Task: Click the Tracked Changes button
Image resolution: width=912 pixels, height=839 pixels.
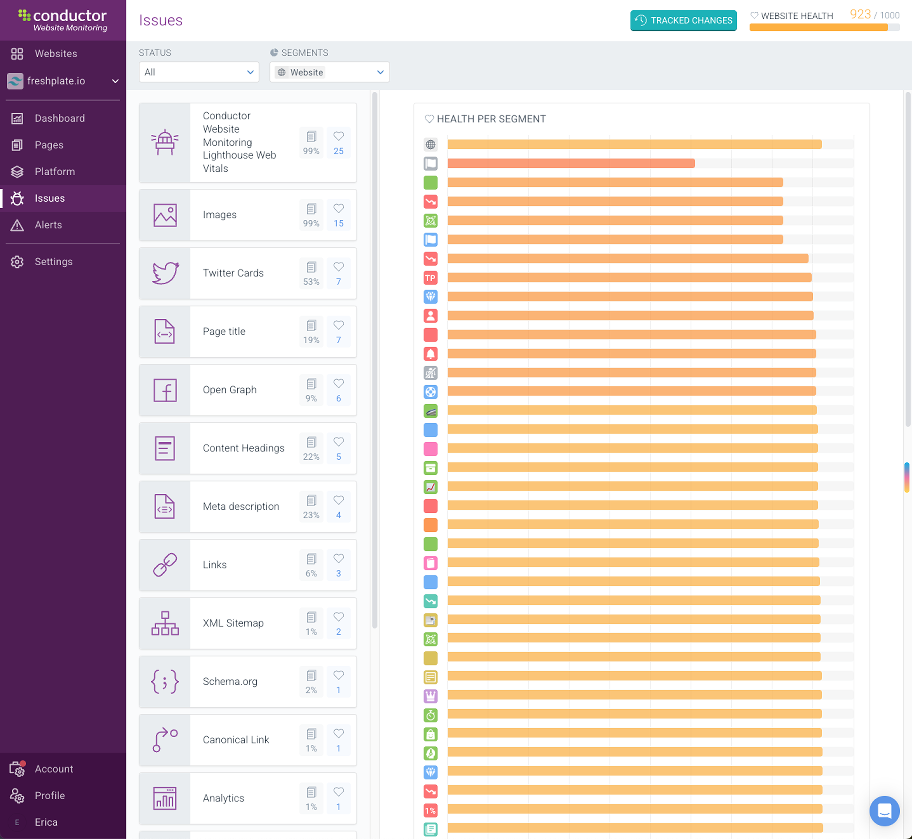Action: [683, 20]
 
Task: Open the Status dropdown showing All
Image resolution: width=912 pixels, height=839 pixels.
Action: [199, 72]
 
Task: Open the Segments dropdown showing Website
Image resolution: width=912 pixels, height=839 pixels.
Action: [329, 72]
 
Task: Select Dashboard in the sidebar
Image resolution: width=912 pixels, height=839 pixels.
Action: [60, 118]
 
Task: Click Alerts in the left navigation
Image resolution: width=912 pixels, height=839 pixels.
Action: [48, 225]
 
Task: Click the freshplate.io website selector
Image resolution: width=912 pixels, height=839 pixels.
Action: [63, 81]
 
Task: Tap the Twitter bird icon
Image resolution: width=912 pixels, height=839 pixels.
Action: [165, 273]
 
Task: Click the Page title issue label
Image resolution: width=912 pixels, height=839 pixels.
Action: [224, 331]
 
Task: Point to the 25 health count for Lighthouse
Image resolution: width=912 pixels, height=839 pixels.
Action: [338, 151]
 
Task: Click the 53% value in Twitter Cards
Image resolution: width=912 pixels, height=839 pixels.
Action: [311, 282]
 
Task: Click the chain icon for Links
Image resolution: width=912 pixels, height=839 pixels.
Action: [165, 565]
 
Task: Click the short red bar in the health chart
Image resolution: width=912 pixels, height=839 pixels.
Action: [570, 163]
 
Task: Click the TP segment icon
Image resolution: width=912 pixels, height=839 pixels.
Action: [430, 277]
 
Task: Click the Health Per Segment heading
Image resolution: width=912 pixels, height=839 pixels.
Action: [491, 119]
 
